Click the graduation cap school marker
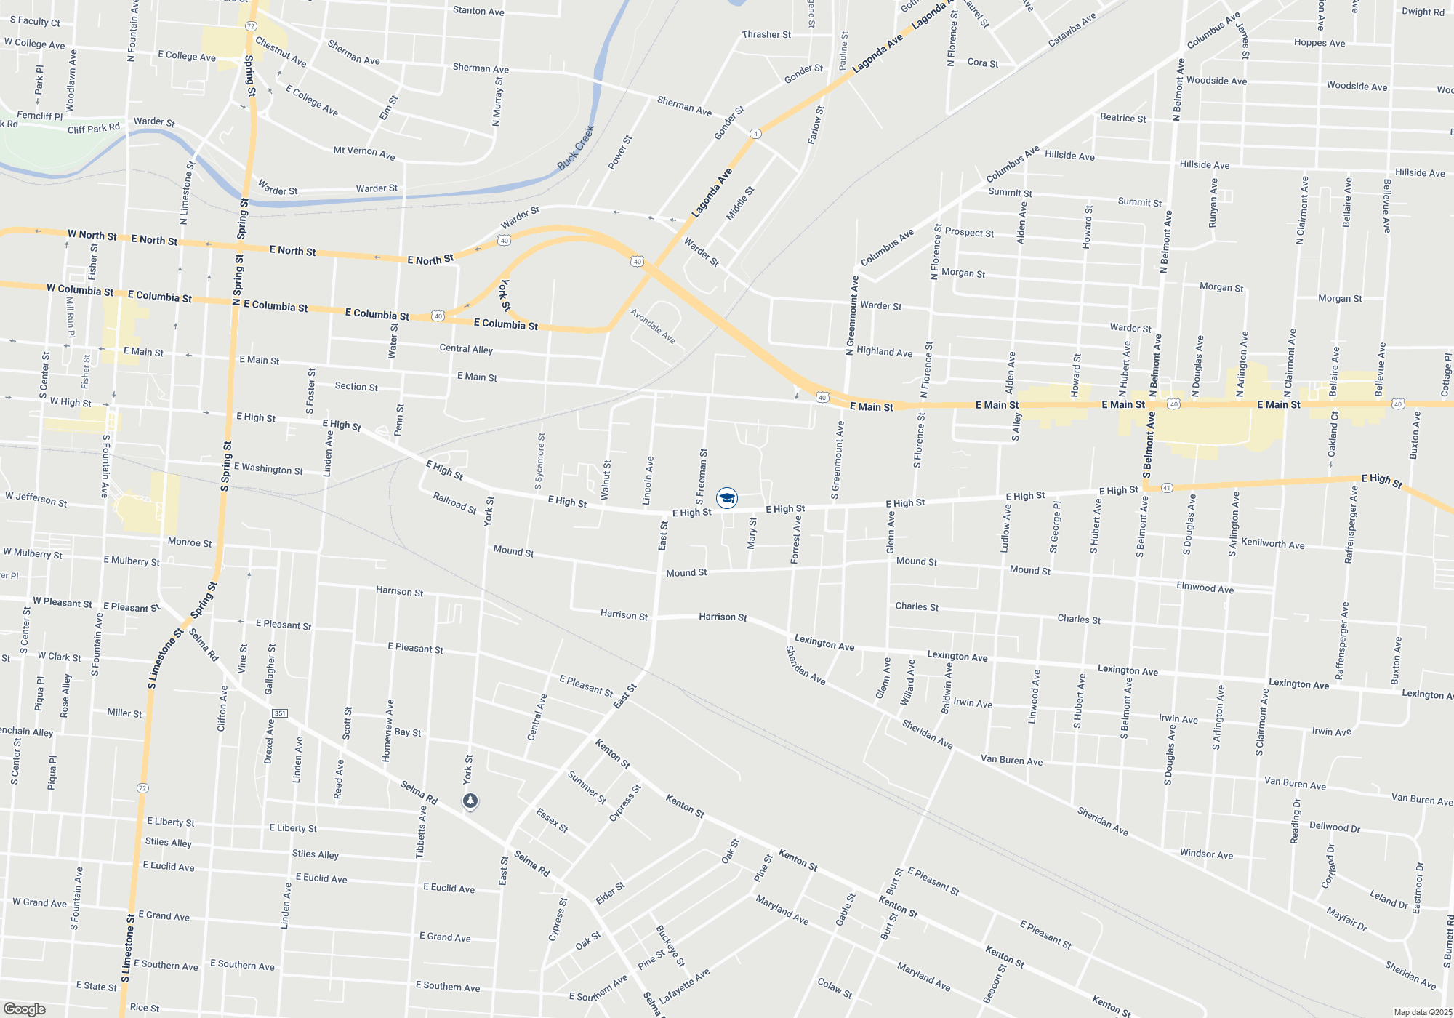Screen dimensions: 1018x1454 coord(726,498)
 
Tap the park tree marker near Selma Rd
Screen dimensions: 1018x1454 coord(470,801)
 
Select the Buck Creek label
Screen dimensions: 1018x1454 coord(576,148)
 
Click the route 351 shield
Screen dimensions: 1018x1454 coord(279,713)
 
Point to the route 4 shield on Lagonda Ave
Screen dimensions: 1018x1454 coord(756,134)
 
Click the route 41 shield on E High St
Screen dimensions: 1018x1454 coord(1167,487)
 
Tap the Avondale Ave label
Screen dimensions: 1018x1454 coord(653,326)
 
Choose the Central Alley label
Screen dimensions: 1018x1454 coord(466,349)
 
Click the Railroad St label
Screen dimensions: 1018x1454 coord(454,503)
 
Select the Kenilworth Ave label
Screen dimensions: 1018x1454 coord(1272,544)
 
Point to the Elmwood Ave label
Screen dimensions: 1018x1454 coord(1205,588)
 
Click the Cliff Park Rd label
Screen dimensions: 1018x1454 coord(93,129)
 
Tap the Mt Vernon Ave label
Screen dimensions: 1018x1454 coord(363,153)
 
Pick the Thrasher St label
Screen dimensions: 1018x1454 coord(766,34)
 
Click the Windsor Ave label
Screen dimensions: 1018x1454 coord(1206,854)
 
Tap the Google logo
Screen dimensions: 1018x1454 coord(24,1009)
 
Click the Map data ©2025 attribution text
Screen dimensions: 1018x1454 coord(1422,1012)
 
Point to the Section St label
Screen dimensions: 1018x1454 coord(356,387)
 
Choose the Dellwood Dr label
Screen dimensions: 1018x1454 coord(1334,827)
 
